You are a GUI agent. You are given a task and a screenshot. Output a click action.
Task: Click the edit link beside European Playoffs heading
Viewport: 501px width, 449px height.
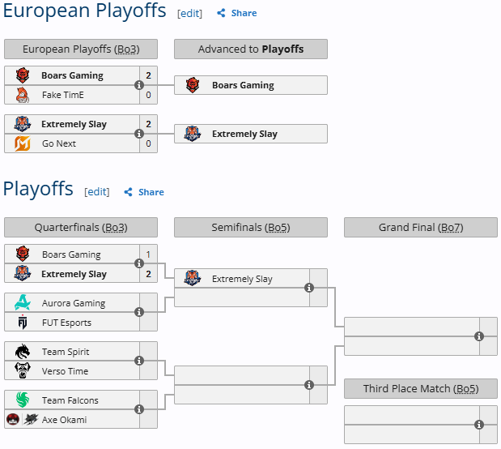click(x=189, y=13)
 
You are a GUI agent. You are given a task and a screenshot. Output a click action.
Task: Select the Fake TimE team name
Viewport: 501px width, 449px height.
click(x=62, y=95)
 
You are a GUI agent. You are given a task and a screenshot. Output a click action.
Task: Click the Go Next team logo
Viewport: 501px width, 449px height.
click(x=23, y=143)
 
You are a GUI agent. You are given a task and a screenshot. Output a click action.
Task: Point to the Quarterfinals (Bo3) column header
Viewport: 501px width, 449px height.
click(x=80, y=228)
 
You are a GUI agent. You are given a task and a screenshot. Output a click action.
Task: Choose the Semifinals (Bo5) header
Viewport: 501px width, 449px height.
click(x=250, y=228)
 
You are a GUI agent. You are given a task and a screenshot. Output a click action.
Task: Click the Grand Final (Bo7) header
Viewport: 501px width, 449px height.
click(x=420, y=228)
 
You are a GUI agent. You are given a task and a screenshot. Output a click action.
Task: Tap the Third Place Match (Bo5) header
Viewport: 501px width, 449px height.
click(x=420, y=389)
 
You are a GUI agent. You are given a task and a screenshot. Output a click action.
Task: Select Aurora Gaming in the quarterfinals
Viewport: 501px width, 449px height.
click(x=73, y=303)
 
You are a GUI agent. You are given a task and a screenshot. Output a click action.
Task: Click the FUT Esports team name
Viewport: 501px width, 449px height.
click(x=66, y=323)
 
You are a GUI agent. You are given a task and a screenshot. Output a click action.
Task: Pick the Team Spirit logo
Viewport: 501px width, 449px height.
click(x=23, y=352)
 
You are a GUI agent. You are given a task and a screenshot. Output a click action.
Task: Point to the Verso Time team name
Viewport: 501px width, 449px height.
click(x=65, y=371)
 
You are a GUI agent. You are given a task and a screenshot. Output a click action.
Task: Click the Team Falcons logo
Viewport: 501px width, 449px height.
click(x=23, y=400)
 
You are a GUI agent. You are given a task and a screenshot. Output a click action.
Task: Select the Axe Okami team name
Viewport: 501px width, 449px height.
click(x=64, y=420)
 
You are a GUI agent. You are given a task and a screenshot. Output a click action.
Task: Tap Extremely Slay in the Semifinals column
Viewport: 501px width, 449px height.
click(x=241, y=279)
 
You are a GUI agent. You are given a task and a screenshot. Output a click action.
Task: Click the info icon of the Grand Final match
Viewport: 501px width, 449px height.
click(x=479, y=336)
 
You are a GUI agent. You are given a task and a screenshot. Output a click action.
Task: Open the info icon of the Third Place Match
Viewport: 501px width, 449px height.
click(x=479, y=425)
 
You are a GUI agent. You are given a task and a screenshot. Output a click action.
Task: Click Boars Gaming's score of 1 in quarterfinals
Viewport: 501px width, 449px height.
click(x=148, y=254)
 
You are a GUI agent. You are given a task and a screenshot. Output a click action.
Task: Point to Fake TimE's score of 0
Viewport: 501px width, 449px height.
click(x=148, y=95)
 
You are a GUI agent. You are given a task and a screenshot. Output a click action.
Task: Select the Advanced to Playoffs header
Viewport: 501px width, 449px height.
click(x=250, y=49)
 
